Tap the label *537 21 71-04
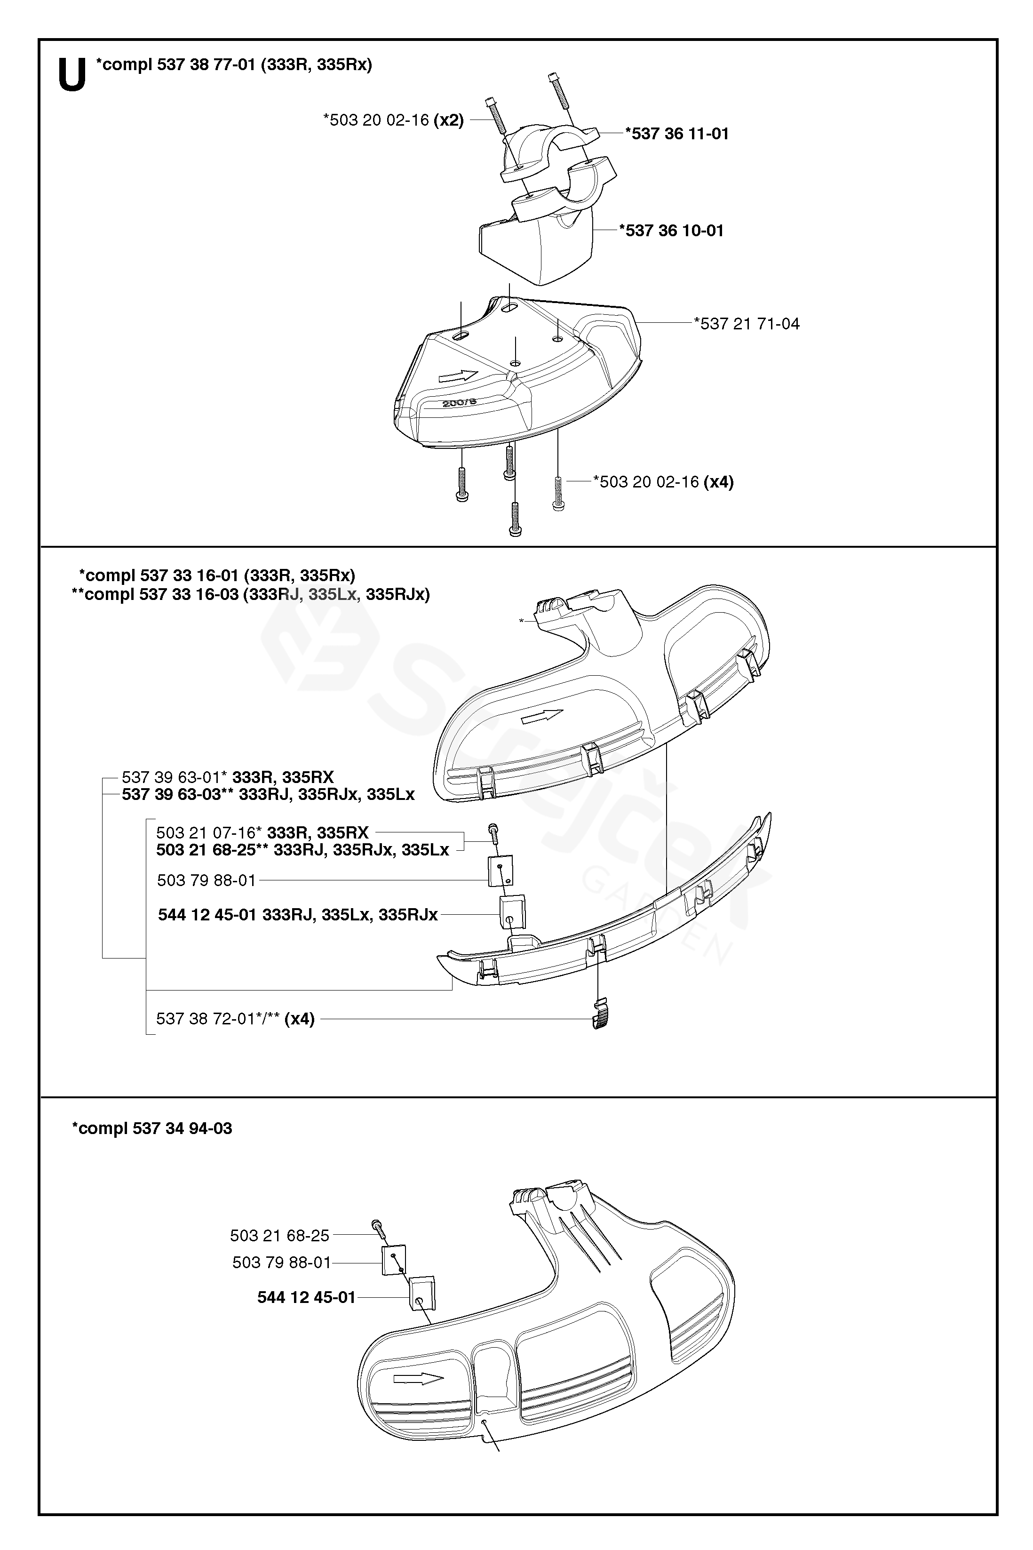click(x=747, y=324)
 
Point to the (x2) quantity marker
click(x=449, y=120)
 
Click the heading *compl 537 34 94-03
click(x=152, y=1128)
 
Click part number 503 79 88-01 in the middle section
click(x=206, y=880)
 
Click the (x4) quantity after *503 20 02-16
click(x=718, y=482)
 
